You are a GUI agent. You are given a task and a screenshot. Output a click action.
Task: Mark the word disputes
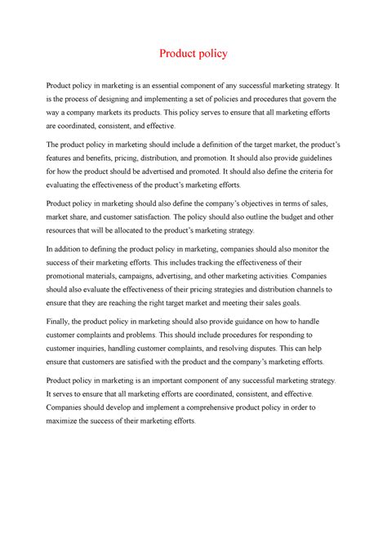coord(256,349)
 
